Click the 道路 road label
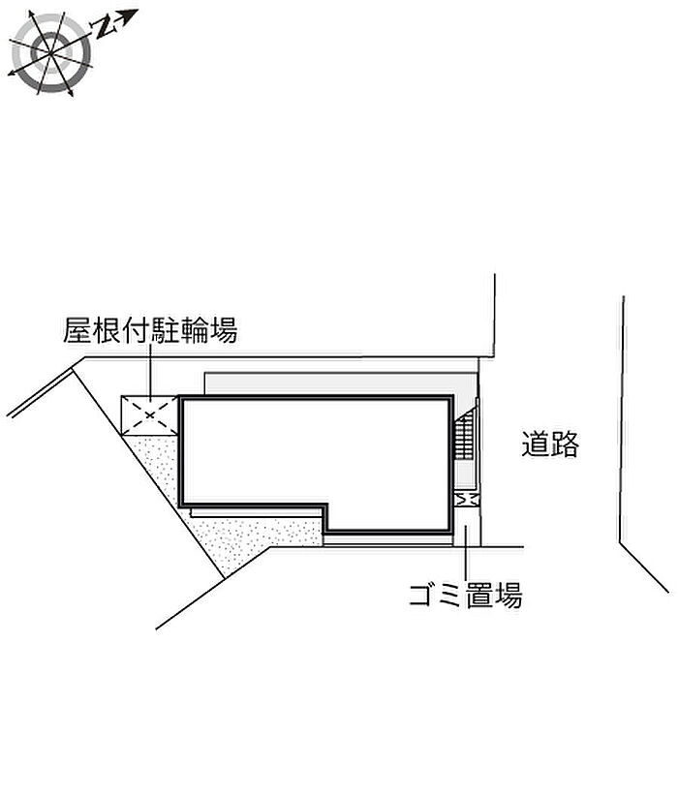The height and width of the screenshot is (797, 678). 549,444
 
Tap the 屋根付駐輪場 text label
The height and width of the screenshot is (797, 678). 150,332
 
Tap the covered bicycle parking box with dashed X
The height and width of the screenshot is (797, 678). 148,415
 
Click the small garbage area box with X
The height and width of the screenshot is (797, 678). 466,498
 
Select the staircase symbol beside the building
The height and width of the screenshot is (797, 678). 466,440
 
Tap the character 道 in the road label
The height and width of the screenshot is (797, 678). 536,444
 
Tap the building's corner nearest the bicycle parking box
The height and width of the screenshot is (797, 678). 182,398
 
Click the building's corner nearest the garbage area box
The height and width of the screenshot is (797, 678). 450,530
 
